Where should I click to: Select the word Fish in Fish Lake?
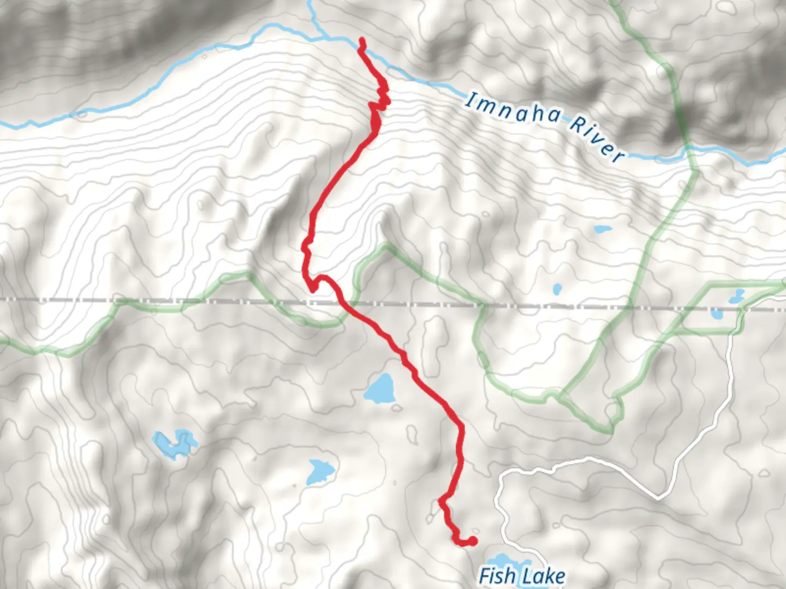pos(497,576)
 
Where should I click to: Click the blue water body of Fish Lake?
pos(508,562)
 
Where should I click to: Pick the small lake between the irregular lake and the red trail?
pos(320,471)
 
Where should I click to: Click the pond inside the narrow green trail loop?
pos(735,297)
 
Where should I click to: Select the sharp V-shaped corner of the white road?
pos(660,497)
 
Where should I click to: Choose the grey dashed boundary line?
pos(164,300)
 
